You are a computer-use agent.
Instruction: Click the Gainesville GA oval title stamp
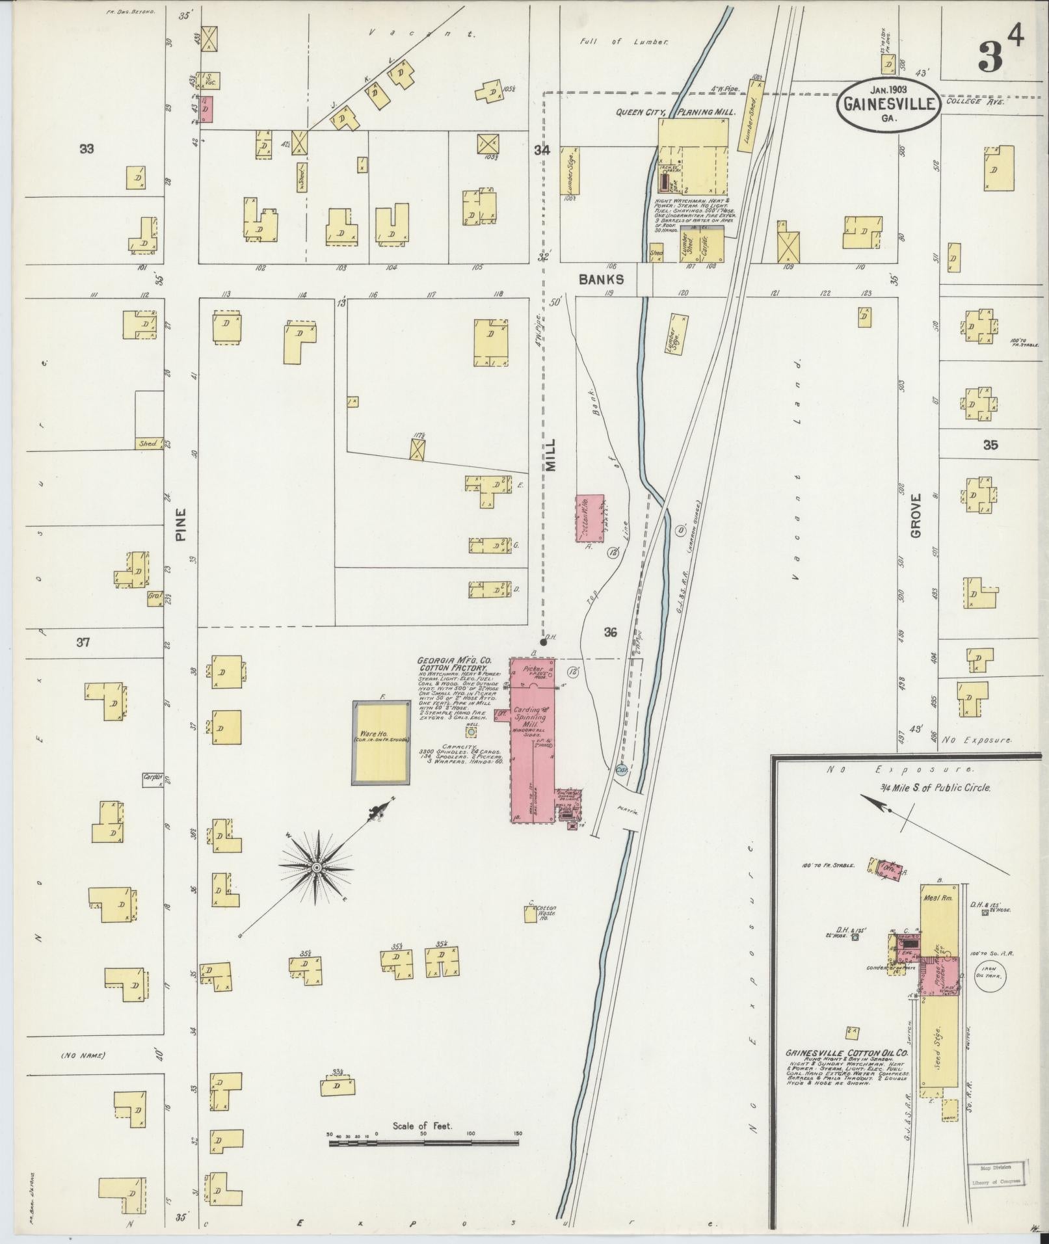(x=888, y=103)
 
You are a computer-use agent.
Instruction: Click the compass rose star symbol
(x=316, y=867)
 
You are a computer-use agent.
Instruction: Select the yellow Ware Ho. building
(x=382, y=743)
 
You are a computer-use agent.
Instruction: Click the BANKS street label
(x=602, y=279)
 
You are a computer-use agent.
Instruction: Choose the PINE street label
(x=181, y=525)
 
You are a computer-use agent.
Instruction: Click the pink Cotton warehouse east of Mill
(x=590, y=518)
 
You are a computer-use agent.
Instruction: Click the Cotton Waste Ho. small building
(x=531, y=914)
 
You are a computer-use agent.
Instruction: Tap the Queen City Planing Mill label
(x=676, y=112)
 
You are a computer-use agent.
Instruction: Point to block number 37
(x=83, y=642)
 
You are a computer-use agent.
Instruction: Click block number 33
(x=86, y=149)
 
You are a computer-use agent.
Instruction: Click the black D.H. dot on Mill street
(x=543, y=642)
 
